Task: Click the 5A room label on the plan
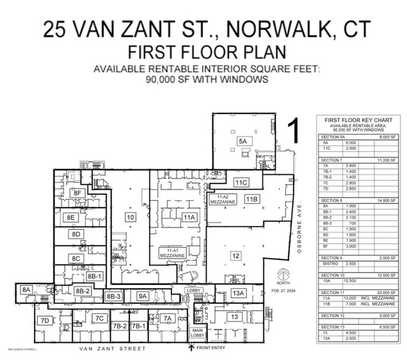click(242, 141)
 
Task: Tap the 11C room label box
click(240, 182)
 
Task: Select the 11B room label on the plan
click(252, 198)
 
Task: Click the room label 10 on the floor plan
click(130, 217)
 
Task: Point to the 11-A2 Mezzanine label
click(218, 200)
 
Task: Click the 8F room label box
click(77, 193)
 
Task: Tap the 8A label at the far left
click(26, 290)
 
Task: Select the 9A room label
click(143, 296)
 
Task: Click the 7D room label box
click(44, 320)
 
